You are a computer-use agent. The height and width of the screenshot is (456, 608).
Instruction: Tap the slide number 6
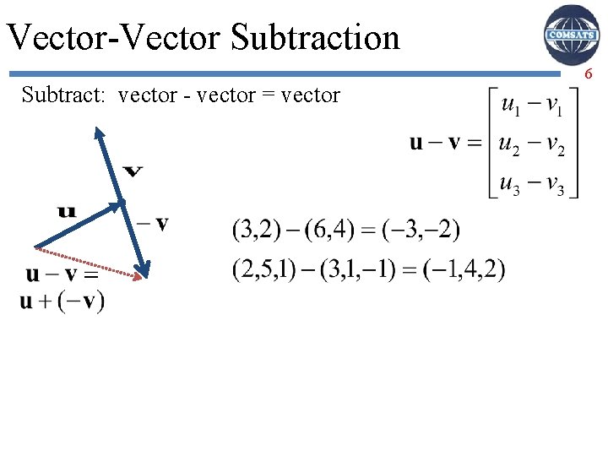coord(588,75)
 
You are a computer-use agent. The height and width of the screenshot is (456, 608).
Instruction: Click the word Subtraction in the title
coord(314,37)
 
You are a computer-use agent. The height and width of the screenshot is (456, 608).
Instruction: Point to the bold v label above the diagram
coord(133,171)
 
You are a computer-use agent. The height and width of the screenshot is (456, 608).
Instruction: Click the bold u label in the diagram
coord(67,210)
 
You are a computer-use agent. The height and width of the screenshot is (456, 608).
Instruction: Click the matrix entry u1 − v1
coord(529,106)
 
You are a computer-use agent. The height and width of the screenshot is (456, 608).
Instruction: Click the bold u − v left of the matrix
coord(435,143)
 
